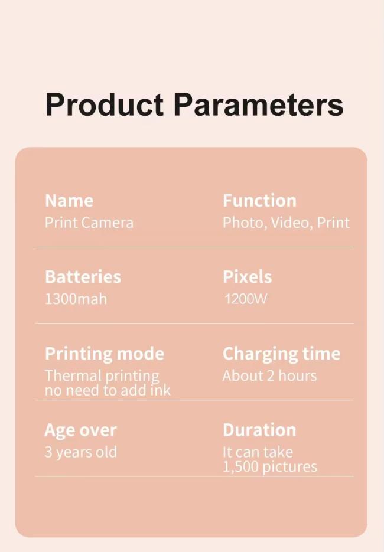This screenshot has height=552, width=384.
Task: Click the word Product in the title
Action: [105, 104]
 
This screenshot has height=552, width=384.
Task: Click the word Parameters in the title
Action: [258, 104]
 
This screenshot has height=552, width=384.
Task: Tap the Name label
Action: [69, 201]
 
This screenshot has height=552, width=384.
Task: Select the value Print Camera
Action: [89, 223]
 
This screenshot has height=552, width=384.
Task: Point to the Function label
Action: [259, 201]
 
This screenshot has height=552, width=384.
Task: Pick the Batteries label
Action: [83, 277]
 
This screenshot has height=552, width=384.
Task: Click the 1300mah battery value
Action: [76, 299]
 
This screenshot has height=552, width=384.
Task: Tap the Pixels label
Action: [248, 277]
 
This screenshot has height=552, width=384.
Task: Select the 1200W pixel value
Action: [246, 299]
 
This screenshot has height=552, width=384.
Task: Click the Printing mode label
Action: [105, 354]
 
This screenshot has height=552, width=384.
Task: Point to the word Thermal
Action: [73, 375]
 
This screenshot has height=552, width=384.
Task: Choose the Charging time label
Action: [281, 354]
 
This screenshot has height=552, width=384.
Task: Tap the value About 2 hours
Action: [269, 375]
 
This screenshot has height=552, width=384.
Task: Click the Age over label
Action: [80, 430]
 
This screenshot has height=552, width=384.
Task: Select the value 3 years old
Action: [80, 452]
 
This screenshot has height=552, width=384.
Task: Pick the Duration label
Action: [259, 430]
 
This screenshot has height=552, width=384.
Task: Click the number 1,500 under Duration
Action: [241, 467]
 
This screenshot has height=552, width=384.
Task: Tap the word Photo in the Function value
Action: [245, 223]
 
